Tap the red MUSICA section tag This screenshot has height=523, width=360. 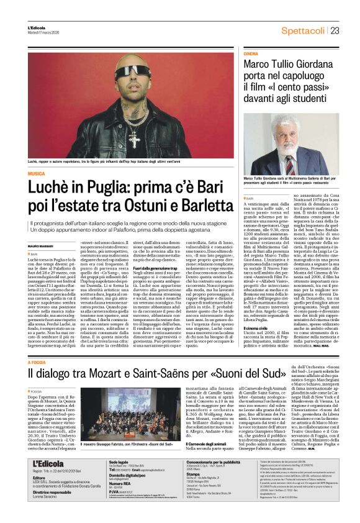pos(37,174)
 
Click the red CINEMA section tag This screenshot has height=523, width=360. pos(251,55)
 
